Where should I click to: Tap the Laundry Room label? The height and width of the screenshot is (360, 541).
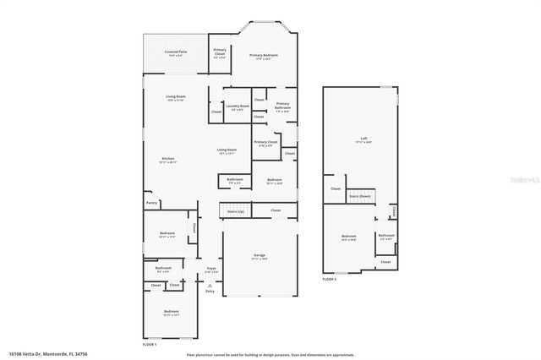pyautogui.click(x=238, y=107)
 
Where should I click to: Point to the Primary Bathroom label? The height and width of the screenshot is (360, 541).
pyautogui.click(x=282, y=106)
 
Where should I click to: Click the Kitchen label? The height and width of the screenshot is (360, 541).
pyautogui.click(x=167, y=160)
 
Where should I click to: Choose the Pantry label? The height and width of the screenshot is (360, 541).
pyautogui.click(x=151, y=203)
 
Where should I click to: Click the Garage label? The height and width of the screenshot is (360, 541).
pyautogui.click(x=260, y=257)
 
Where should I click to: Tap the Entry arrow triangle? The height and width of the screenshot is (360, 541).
pyautogui.click(x=210, y=285)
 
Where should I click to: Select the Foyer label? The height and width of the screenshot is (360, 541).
pyautogui.click(x=210, y=270)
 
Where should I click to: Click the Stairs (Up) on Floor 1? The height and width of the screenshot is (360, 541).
pyautogui.click(x=236, y=210)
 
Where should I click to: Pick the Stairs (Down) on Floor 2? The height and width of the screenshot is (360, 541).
pyautogui.click(x=360, y=195)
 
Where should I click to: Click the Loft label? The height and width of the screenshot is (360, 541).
pyautogui.click(x=364, y=140)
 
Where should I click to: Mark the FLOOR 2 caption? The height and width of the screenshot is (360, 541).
pyautogui.click(x=330, y=278)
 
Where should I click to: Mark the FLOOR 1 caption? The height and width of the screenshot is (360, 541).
pyautogui.click(x=149, y=344)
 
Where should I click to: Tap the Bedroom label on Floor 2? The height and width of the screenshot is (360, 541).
pyautogui.click(x=348, y=237)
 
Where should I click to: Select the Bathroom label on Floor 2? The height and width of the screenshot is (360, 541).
pyautogui.click(x=385, y=237)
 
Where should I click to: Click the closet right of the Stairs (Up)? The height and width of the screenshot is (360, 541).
pyautogui.click(x=276, y=210)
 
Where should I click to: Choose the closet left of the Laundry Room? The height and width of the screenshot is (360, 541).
pyautogui.click(x=216, y=112)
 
